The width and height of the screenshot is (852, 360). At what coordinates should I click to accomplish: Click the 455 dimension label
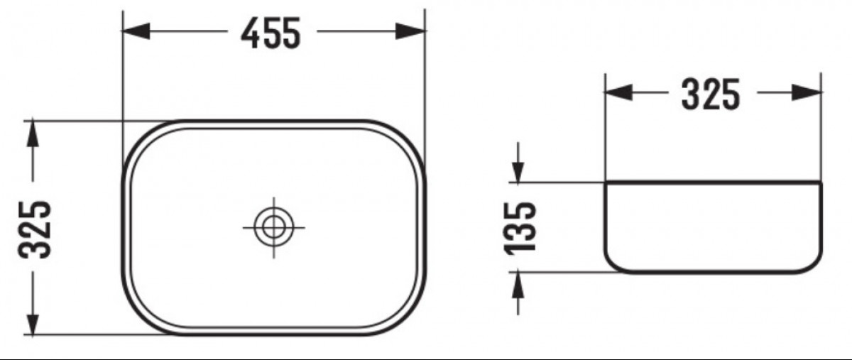coord(271,33)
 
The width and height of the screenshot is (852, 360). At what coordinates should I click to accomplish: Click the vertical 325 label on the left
coord(35,229)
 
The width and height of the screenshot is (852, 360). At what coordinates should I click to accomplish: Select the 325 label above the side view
coord(711,94)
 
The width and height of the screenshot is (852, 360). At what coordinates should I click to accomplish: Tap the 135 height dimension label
coord(520,228)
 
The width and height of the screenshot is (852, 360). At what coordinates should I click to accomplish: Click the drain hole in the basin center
coord(273,227)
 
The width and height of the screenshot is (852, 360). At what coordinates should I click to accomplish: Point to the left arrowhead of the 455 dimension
coord(136,31)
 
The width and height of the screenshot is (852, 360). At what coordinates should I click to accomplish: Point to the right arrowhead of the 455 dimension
coord(410,31)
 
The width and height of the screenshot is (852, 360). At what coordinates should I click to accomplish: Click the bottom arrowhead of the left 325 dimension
coord(33,322)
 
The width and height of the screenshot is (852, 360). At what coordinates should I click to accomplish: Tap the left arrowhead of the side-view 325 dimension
coord(618,92)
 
